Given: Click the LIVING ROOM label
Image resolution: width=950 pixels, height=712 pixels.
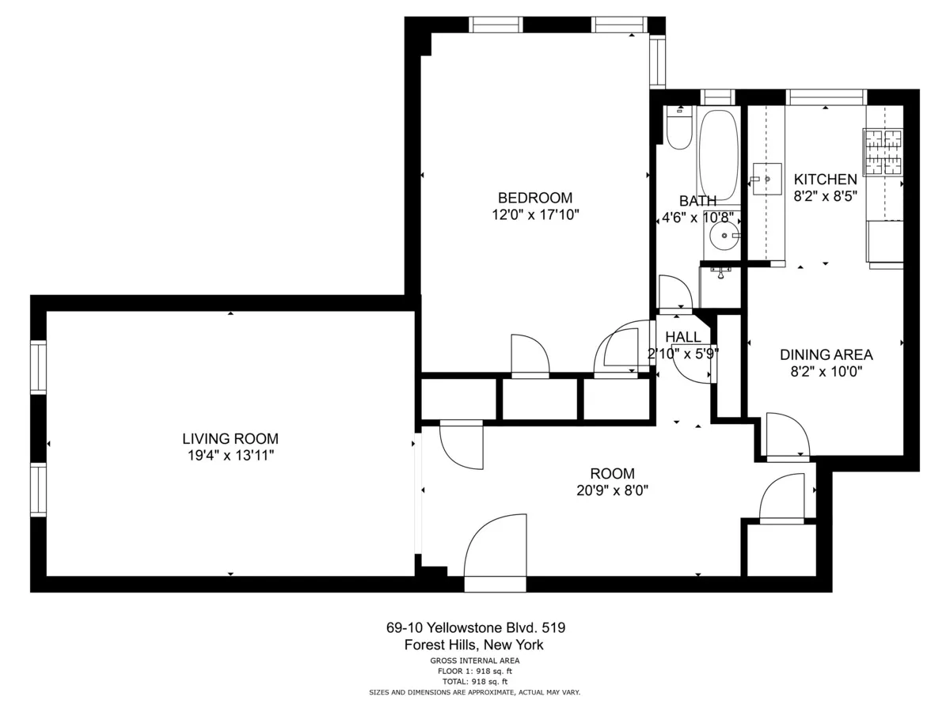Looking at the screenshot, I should pos(230,438).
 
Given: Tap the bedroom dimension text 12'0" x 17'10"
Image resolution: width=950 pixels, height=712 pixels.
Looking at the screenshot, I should pos(534,214).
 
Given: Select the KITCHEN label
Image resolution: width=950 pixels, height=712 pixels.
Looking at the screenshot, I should pos(825,180).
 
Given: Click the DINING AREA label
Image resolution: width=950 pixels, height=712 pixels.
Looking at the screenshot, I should pos(826,354).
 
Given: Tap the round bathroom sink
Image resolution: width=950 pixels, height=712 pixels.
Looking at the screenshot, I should pos(722,235).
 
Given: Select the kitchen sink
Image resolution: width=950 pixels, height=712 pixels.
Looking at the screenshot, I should pos(766,180).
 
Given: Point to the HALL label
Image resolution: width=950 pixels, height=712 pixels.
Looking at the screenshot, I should pos(682,337).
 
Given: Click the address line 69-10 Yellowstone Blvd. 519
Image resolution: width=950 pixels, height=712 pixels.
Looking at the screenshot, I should pos(475,628).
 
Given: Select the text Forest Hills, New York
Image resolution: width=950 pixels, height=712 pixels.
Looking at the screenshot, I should pos(474,646).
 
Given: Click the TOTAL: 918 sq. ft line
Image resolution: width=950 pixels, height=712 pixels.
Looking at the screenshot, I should pos(475,681).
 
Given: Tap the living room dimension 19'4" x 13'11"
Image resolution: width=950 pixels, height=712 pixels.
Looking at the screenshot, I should pos(230,455).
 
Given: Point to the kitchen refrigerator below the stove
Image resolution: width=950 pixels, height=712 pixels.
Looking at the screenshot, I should pos(885,240).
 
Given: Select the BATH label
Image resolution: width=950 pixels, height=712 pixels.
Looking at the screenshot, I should pos(697,201).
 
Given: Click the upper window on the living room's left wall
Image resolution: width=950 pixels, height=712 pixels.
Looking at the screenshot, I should pos(38,366).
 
